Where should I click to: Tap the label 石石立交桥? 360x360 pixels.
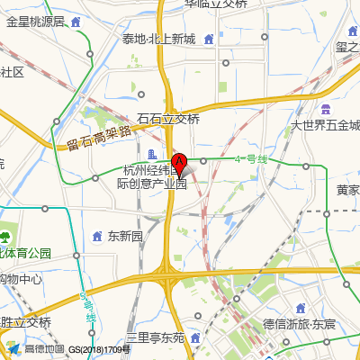[168, 119]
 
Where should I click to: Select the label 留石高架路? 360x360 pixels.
[99, 138]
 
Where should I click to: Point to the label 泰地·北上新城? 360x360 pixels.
[158, 39]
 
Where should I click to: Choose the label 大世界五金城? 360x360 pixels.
[325, 126]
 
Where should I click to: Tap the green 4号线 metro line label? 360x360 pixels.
[251, 159]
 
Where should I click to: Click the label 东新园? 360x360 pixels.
[125, 237]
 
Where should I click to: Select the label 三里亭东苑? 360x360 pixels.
[155, 337]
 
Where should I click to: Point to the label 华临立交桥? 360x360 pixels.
[216, 4]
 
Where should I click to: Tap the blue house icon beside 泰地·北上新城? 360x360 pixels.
[208, 39]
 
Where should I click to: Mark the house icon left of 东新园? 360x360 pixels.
[98, 237]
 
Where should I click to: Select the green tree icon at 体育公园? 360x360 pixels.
[6, 238]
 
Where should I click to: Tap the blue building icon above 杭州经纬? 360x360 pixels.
[151, 154]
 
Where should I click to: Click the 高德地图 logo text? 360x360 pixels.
[44, 349]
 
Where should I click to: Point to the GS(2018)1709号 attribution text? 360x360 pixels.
[99, 349]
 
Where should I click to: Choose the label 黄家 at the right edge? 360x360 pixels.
[347, 191]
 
